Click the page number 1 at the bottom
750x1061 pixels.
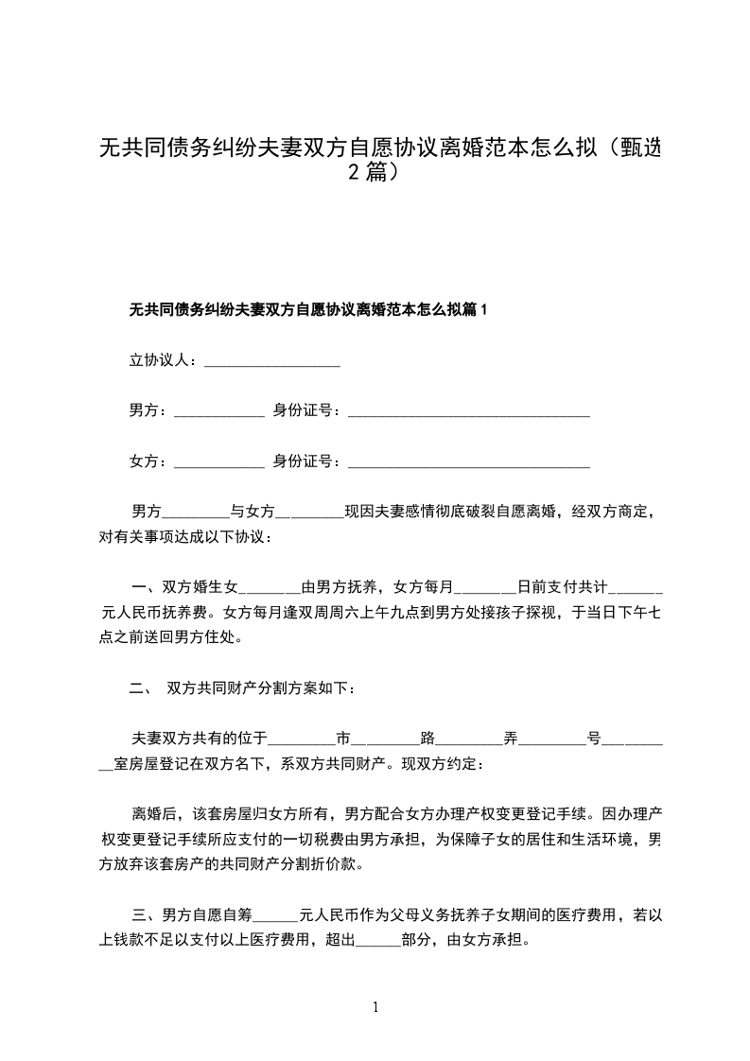point(376,1007)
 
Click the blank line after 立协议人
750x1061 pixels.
point(272,360)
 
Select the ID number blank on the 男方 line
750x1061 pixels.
point(469,410)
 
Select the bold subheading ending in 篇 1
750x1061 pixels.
point(307,309)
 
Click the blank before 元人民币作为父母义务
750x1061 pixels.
point(276,914)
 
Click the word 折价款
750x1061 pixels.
point(344,864)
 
